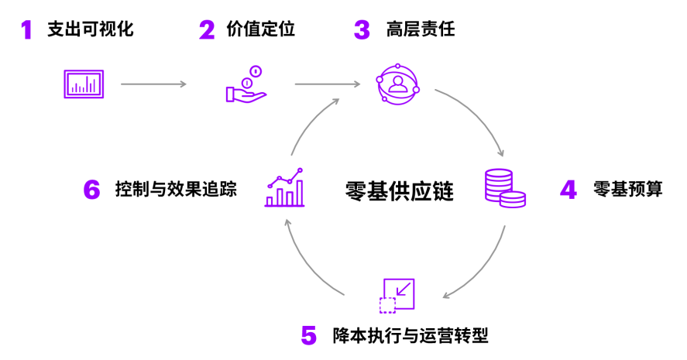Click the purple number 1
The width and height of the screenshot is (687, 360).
(27, 30)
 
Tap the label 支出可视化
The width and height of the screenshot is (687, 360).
(91, 30)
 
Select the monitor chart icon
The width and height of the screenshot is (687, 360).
(84, 83)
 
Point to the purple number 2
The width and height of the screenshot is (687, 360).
(206, 30)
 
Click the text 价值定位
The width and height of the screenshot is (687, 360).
(261, 30)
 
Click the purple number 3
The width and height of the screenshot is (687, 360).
(362, 30)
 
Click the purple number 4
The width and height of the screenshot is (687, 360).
(569, 190)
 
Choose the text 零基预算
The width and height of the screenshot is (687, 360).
(628, 189)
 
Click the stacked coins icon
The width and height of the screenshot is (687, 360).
(504, 188)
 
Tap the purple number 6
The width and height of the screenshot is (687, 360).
(92, 190)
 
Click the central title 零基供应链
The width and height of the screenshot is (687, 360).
(399, 190)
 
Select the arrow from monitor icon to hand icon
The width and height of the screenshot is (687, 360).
(153, 84)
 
